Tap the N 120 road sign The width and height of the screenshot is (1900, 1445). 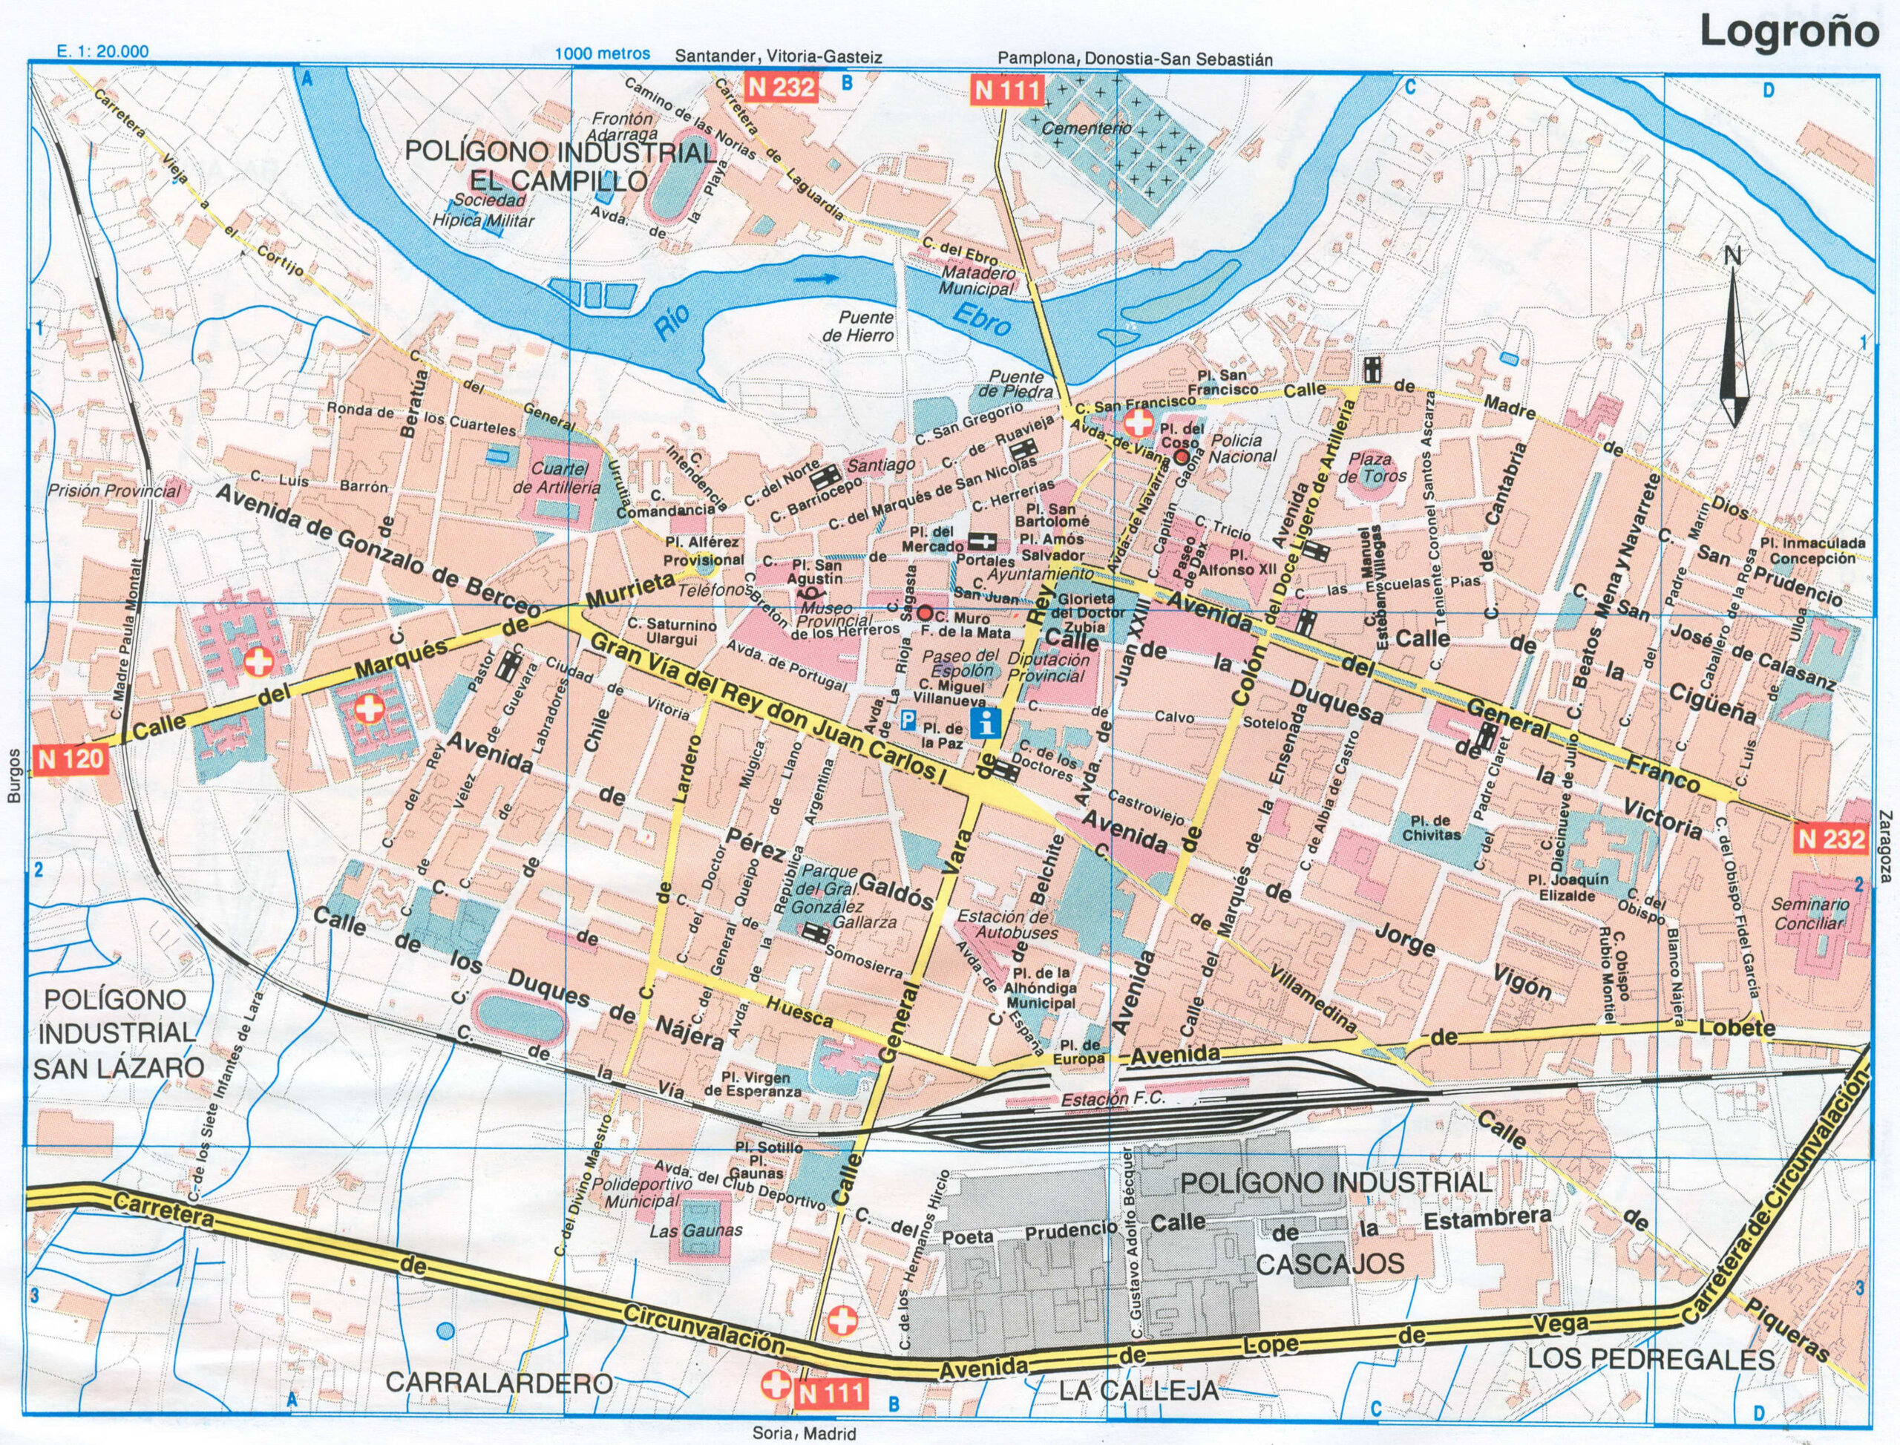click(x=72, y=758)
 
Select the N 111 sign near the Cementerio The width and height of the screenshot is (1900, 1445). click(x=1007, y=90)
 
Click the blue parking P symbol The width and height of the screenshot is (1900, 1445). click(x=908, y=718)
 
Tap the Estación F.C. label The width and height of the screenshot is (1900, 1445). click(x=1095, y=1099)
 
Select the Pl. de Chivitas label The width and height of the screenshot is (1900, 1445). click(x=1431, y=827)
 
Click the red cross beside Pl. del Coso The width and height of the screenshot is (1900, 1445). click(x=1140, y=422)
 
